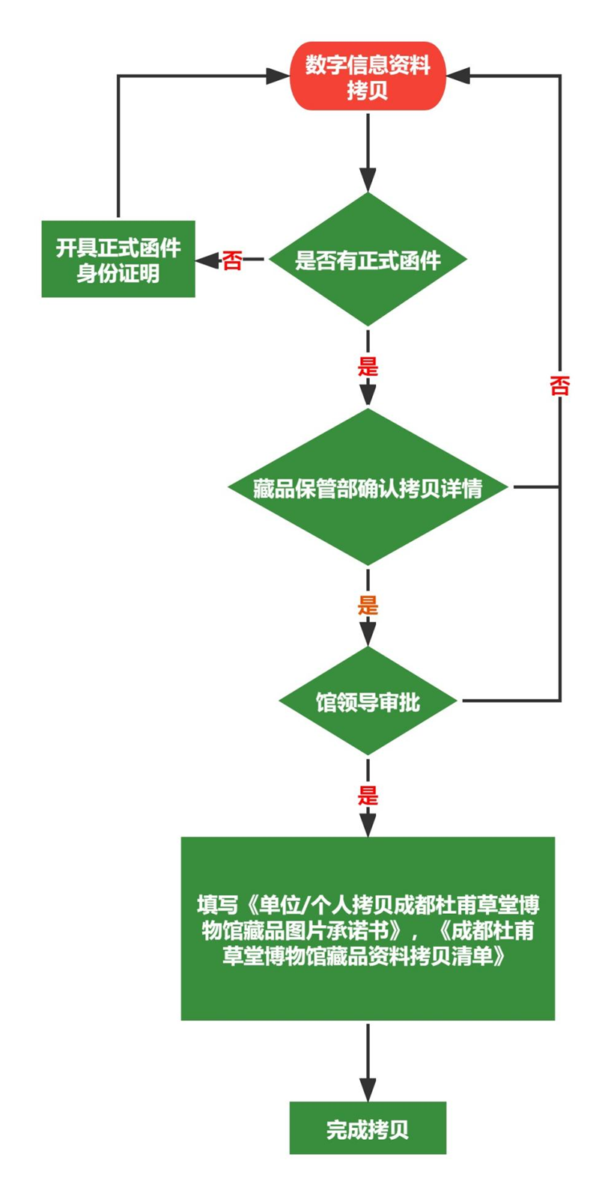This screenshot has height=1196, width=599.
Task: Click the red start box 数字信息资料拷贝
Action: point(368,76)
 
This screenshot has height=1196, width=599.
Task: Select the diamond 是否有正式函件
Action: point(368,260)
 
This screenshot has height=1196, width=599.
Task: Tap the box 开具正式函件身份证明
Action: point(118,259)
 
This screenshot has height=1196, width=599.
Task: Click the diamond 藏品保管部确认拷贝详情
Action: point(368,487)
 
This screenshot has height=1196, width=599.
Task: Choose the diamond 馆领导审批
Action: point(368,701)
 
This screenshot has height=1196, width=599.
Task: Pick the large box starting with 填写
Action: point(368,928)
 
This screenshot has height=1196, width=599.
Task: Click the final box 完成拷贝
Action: point(368,1128)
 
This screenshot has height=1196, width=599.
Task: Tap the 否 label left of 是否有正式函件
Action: point(232,260)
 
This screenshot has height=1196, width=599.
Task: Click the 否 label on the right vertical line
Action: point(559,385)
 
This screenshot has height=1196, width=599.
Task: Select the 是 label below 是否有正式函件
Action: point(368,367)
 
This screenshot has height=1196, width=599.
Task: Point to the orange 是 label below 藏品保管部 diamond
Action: point(368,605)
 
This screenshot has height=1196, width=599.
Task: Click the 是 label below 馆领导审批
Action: point(368,795)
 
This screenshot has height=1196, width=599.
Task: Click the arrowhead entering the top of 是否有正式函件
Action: point(368,180)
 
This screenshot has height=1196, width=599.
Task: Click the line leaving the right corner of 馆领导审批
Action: point(509,701)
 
